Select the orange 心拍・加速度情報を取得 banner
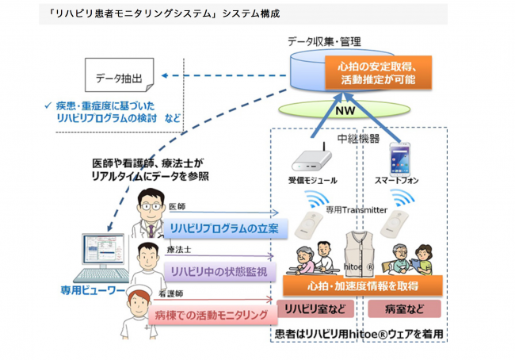click(x=361, y=284)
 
